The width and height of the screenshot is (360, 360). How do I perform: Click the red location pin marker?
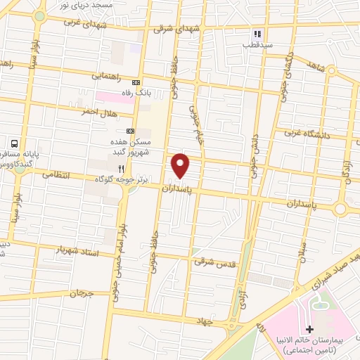click(181, 165)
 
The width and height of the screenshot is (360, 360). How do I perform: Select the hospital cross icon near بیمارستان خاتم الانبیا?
click(310, 329)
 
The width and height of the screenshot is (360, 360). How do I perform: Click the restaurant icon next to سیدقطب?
click(257, 33)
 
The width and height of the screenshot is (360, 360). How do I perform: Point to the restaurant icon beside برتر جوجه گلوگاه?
click(121, 169)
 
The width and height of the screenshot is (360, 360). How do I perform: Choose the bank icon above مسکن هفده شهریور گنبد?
click(130, 131)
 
